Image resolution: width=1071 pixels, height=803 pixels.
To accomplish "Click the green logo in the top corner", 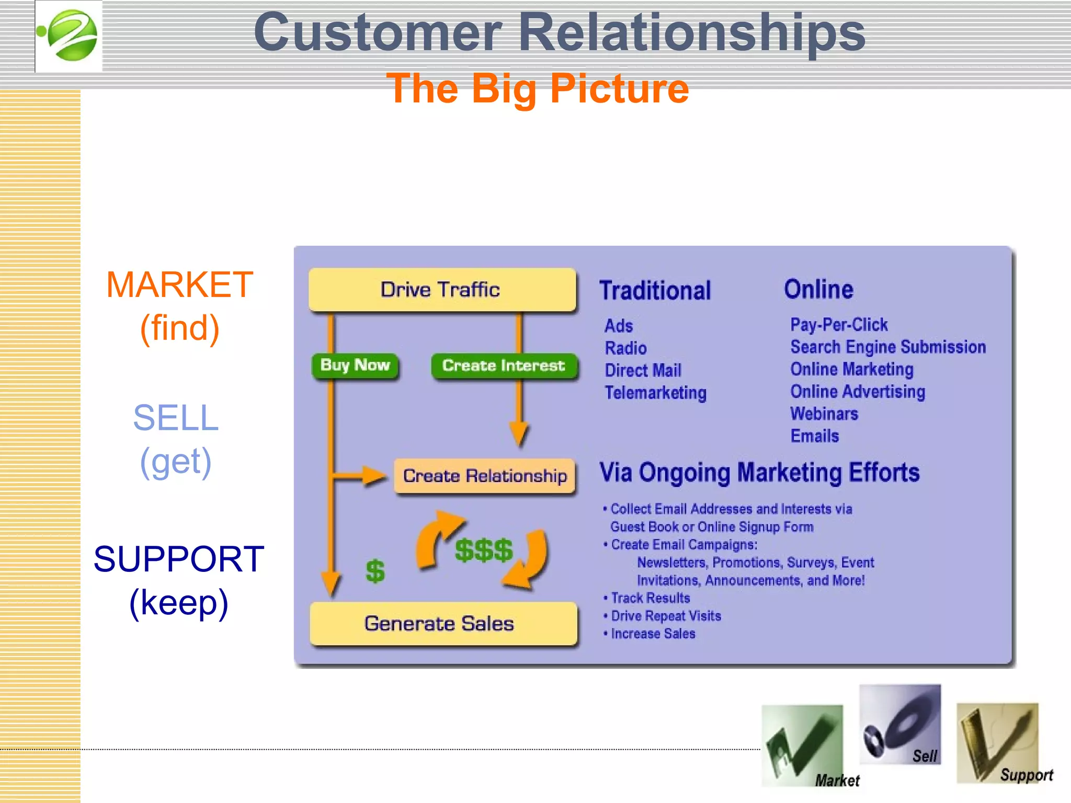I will (69, 36).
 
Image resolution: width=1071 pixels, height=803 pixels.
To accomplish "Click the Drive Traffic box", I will (442, 290).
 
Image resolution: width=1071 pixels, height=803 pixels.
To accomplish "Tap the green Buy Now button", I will (355, 365).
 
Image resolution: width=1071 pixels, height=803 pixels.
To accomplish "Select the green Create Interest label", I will (504, 365).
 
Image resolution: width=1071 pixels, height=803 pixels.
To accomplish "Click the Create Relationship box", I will (484, 476).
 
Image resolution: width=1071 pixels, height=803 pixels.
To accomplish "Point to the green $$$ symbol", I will (484, 550).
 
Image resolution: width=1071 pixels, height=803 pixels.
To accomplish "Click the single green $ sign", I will (375, 571).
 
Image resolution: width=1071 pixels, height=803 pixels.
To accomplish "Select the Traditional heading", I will (655, 291).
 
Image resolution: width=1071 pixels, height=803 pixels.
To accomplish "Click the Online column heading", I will (818, 289).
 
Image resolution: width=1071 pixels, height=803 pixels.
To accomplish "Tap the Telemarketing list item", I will (655, 393).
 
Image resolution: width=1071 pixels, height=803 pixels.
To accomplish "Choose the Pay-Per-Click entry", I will (839, 325).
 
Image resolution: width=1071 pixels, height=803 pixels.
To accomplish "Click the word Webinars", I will (824, 414).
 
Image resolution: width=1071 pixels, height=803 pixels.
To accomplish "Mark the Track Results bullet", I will (650, 598).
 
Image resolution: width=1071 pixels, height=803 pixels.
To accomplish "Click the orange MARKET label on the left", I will (179, 285).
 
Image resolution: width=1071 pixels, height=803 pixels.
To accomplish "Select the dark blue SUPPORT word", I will (179, 559).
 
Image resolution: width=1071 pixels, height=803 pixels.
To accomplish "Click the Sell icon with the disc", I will (899, 724).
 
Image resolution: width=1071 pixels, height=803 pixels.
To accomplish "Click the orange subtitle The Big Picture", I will (537, 89).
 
